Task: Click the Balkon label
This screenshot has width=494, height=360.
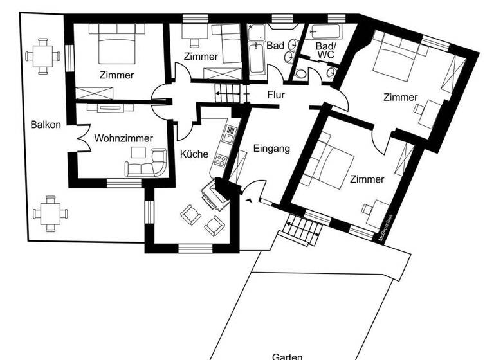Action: click(46, 125)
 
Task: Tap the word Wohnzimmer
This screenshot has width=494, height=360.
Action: click(123, 138)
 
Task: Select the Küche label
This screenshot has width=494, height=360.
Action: click(194, 154)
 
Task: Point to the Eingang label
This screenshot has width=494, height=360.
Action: click(271, 148)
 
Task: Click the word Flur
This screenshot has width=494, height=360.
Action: click(276, 96)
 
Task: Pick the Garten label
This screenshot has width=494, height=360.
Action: click(288, 355)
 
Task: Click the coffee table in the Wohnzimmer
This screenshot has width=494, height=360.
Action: click(139, 152)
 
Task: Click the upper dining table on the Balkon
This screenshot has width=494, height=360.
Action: click(44, 55)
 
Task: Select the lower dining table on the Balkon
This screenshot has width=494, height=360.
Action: click(49, 213)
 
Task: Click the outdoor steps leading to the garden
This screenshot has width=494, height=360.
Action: click(304, 230)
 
